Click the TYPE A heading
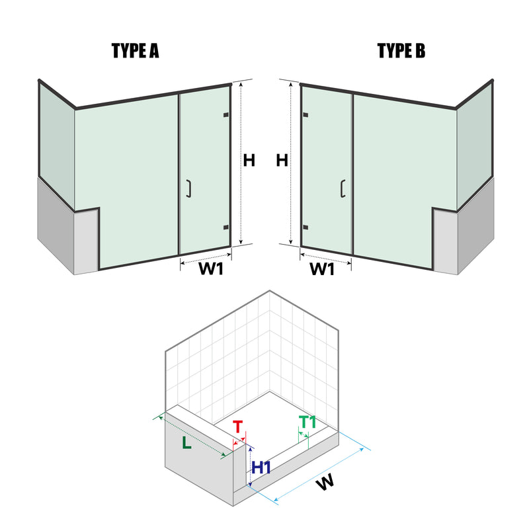click(136, 52)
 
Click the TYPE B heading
click(401, 52)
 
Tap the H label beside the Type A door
click(249, 161)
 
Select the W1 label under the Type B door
click(322, 270)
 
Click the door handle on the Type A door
click(189, 189)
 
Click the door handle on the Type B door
click(343, 189)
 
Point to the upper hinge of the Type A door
click(226, 116)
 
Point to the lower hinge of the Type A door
click(226, 227)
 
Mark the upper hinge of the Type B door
click(305, 116)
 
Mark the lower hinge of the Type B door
click(305, 227)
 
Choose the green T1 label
click(307, 421)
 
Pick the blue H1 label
click(262, 468)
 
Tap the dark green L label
click(187, 444)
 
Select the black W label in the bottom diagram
click(324, 483)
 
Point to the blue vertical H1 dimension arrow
click(250, 466)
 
